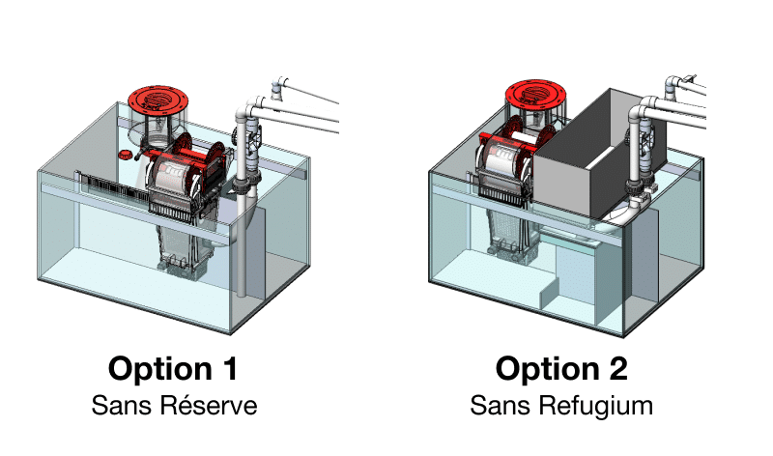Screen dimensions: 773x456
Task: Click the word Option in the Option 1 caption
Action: point(159,369)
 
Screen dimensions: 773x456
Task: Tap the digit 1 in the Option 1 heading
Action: point(229,368)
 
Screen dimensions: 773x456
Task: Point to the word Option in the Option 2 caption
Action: point(547,369)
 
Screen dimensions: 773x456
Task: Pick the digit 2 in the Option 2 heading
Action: point(618,368)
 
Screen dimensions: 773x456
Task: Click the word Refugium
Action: point(595,406)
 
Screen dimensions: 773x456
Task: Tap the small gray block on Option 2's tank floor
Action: point(549,295)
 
